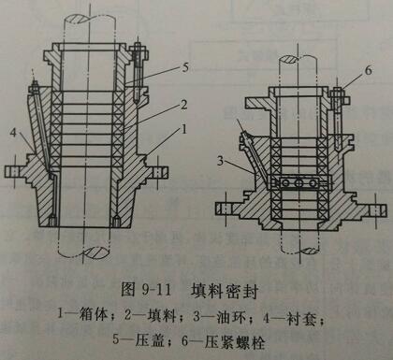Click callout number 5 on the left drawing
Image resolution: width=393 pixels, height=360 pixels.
(185, 67)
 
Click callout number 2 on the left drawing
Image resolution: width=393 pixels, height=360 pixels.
(184, 105)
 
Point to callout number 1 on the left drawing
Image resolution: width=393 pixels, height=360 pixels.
(183, 129)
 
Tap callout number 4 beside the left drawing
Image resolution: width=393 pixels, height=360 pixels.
(13, 133)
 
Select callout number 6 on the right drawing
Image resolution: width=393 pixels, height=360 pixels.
(369, 70)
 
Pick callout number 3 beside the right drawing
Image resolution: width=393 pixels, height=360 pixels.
(221, 161)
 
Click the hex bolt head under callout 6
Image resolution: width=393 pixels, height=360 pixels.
(339, 93)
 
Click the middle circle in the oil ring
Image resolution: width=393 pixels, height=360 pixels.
(299, 183)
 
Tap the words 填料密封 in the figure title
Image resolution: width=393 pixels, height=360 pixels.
(225, 292)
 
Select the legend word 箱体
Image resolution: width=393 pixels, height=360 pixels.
(94, 314)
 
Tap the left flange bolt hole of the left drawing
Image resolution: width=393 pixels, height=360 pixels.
(14, 171)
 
